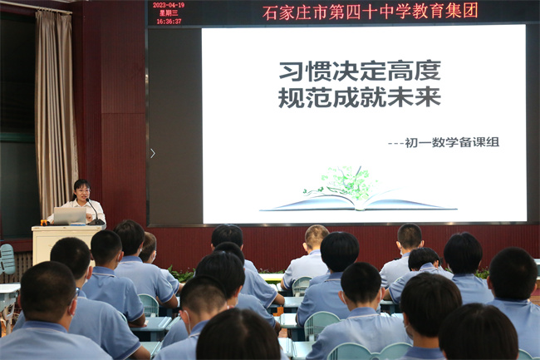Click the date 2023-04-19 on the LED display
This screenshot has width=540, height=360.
[169, 5]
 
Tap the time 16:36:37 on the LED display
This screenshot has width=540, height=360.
[169, 22]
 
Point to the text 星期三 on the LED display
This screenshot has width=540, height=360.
[169, 13]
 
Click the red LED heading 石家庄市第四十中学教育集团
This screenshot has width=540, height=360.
[371, 12]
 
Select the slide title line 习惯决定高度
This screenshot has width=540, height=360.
[360, 71]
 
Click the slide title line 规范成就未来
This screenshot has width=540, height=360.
[360, 96]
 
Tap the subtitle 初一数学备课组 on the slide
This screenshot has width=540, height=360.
[452, 142]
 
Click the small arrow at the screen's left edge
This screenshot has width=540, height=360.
[153, 153]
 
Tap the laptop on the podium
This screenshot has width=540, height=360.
[70, 215]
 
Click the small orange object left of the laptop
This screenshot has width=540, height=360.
[44, 222]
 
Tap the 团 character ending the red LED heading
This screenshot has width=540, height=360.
[470, 11]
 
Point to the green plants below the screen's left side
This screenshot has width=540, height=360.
[181, 274]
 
